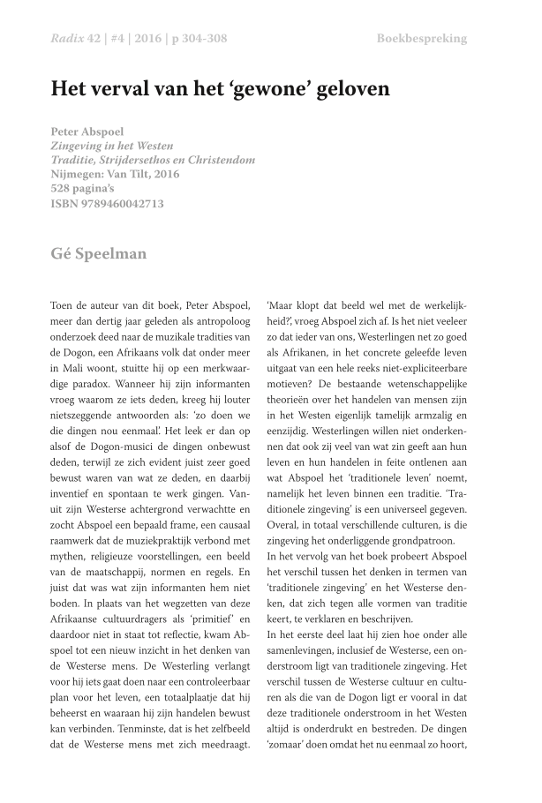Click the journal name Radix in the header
coord(68,39)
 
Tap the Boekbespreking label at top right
coord(421,39)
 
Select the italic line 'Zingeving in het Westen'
coord(112,146)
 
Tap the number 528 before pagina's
coord(64,189)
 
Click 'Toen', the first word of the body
coord(64,304)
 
